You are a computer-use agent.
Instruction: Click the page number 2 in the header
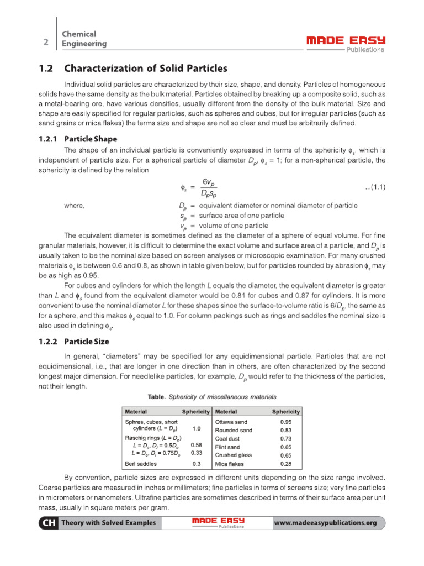(46, 42)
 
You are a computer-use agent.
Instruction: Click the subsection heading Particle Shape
(91, 139)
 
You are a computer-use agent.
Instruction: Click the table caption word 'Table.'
(157, 397)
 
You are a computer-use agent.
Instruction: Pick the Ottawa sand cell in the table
(231, 422)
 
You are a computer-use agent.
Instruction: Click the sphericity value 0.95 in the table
(285, 422)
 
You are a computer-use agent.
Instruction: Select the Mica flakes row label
(229, 464)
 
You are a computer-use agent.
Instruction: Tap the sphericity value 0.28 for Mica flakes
(285, 464)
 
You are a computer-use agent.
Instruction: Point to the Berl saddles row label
(141, 464)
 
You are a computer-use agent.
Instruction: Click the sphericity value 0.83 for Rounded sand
(285, 430)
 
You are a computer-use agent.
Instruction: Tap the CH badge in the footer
(47, 523)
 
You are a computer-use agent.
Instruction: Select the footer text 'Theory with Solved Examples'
(108, 523)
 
